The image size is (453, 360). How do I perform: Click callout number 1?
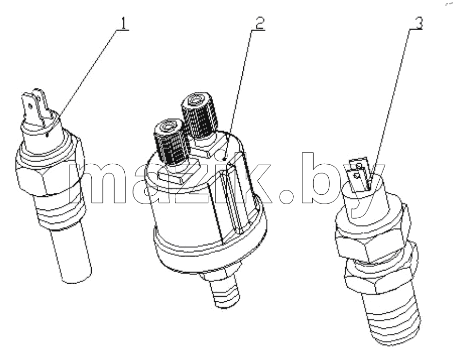click(x=124, y=23)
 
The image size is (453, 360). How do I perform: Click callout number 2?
click(x=259, y=23)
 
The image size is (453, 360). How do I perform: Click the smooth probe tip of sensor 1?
click(x=72, y=255)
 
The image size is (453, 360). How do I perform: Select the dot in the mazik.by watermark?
click(x=286, y=196)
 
